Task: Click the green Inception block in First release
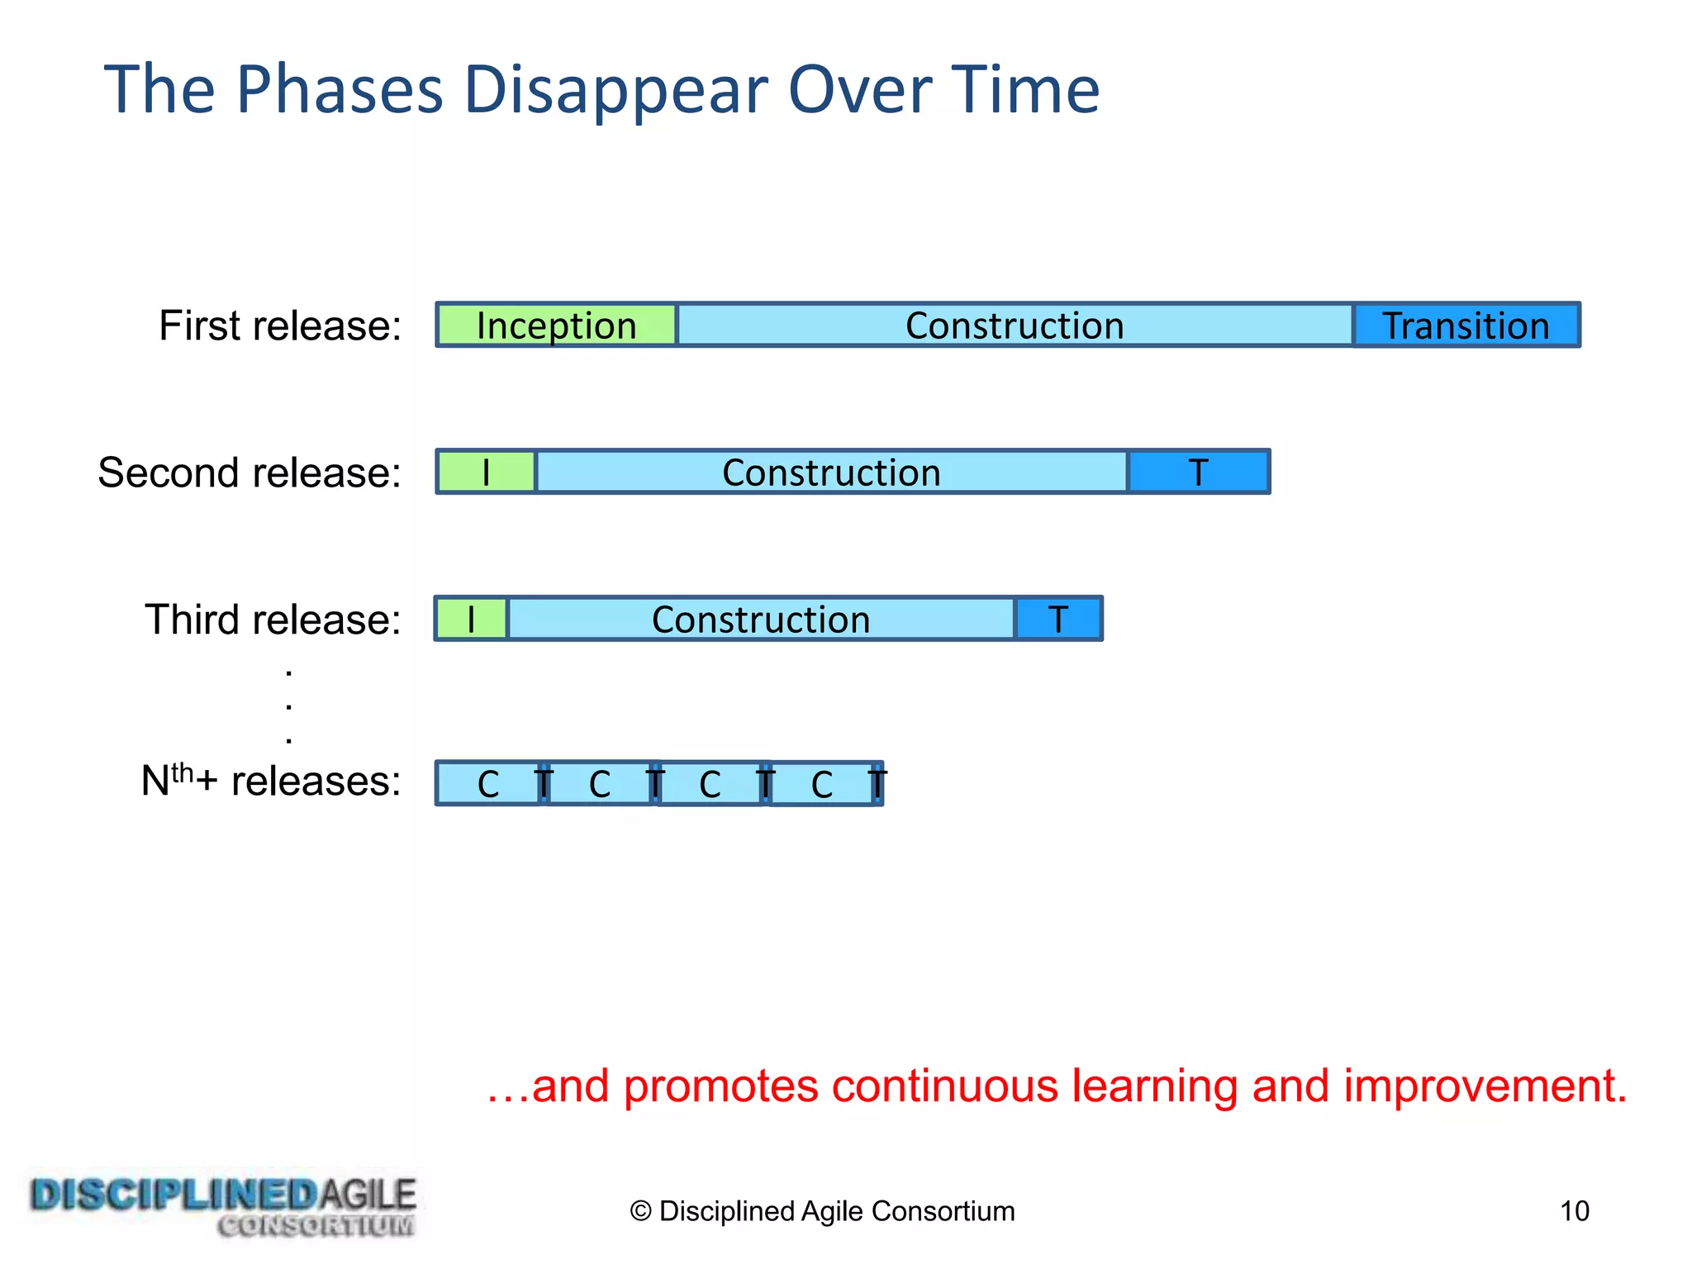tap(556, 325)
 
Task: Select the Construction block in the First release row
tap(1014, 325)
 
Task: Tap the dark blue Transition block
tap(1466, 325)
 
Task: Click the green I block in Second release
tap(486, 472)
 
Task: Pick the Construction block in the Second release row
tap(831, 472)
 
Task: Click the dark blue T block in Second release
tap(1198, 472)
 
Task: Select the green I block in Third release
tap(471, 619)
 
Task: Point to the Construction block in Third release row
tap(760, 619)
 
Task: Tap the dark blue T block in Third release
tap(1057, 619)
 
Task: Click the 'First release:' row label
tap(280, 326)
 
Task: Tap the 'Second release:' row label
tap(250, 473)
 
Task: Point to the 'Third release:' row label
tap(273, 620)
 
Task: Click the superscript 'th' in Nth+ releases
tap(182, 772)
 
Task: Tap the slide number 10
tap(1574, 1211)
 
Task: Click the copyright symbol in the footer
tap(640, 1211)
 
